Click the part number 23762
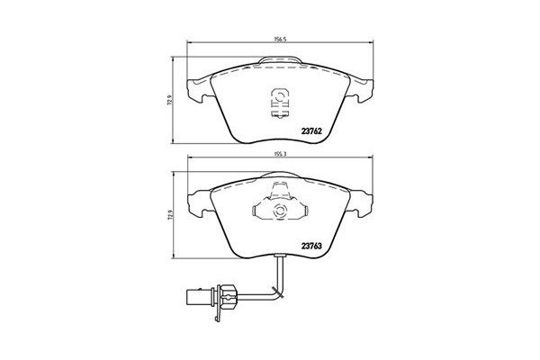[x=311, y=131]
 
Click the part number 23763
[x=311, y=246]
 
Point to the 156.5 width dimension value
[x=280, y=40]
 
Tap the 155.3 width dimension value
[x=280, y=155]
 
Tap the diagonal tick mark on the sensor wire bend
[x=277, y=292]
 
